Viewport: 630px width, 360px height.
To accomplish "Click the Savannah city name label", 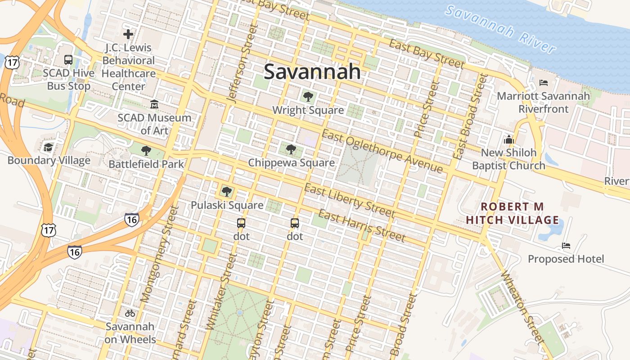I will pos(312,72).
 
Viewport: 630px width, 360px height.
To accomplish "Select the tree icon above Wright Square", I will pos(308,96).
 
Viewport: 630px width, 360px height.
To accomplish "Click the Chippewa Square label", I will pos(291,162).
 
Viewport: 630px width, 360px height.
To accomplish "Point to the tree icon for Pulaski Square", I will pos(227,192).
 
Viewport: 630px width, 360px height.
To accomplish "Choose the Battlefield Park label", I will pos(146,164).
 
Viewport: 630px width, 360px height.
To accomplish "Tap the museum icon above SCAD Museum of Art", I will pos(154,104).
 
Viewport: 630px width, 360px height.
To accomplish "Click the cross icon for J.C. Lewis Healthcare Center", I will pos(128,34).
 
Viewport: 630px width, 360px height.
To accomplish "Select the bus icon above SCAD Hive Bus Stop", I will pos(68,59).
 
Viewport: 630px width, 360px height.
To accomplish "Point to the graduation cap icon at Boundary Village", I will pos(49,147).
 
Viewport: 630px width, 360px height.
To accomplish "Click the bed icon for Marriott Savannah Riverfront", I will pos(543,83).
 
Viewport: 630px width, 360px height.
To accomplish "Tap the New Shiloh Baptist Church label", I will pos(508,159).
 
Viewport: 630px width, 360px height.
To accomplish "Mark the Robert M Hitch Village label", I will pos(513,213).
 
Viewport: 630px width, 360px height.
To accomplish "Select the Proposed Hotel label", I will pos(566,259).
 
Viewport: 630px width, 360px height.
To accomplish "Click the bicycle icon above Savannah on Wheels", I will pos(130,313).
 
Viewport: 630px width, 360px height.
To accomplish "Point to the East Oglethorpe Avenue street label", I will pos(382,152).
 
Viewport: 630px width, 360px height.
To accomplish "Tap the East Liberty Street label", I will pos(349,201).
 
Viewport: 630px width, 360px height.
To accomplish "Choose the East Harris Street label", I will pos(362,225).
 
